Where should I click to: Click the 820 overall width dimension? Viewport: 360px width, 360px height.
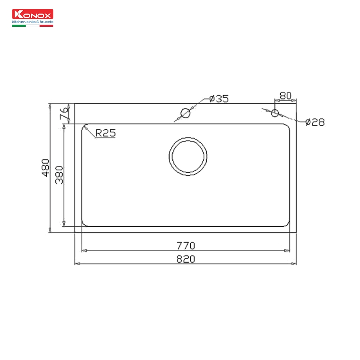click(x=185, y=259)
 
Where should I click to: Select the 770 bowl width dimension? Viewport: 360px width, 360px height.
click(x=185, y=245)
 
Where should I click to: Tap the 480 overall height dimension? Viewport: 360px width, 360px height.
click(x=45, y=168)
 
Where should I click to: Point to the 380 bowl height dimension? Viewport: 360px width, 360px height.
click(x=59, y=174)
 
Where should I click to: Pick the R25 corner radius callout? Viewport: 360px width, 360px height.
click(x=105, y=133)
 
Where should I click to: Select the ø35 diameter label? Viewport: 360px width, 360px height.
click(x=219, y=98)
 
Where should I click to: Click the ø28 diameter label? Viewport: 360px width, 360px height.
click(x=314, y=122)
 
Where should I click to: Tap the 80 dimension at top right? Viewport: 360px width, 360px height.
click(x=285, y=96)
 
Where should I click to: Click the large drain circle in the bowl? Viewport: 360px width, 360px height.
click(x=188, y=156)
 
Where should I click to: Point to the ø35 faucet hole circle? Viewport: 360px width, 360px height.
click(x=185, y=113)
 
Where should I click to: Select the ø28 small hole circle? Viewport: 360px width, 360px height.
click(x=274, y=112)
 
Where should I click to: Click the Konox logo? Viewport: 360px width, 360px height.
click(x=33, y=14)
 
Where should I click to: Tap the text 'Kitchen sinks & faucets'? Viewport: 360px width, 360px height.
click(x=33, y=22)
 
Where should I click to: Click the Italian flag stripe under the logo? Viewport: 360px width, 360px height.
click(x=19, y=26)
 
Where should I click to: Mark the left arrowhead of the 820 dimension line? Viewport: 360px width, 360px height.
click(x=77, y=264)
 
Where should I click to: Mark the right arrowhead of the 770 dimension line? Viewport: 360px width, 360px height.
click(x=287, y=251)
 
